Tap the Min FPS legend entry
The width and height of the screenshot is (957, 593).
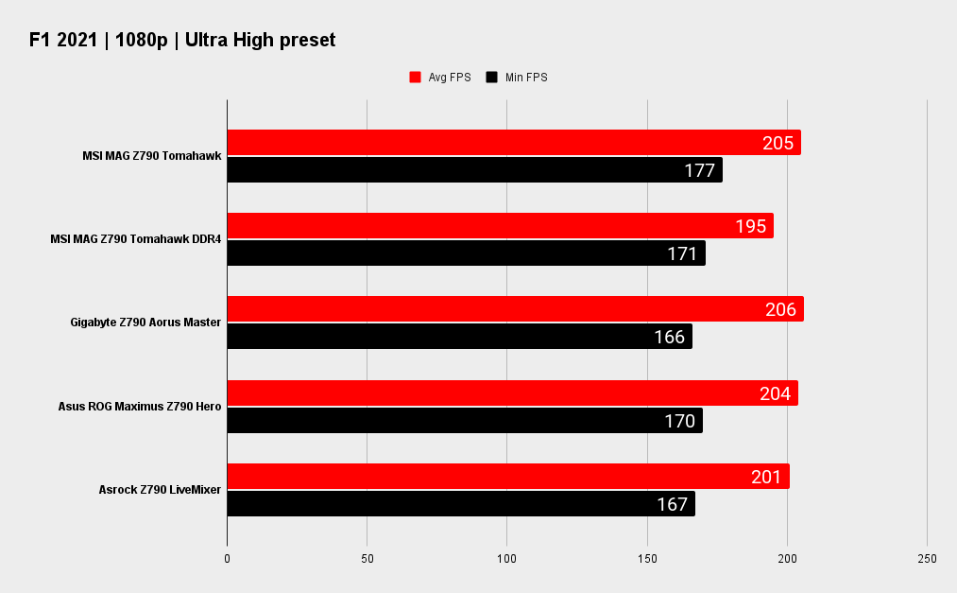(517, 78)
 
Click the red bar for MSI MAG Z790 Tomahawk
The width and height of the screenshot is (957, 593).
(513, 143)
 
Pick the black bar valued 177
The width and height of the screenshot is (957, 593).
(474, 170)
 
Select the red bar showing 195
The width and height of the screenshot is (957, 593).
(500, 226)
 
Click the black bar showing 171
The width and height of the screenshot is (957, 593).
(466, 253)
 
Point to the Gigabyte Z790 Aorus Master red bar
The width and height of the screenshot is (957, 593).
(515, 309)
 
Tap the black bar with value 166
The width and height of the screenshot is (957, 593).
(459, 337)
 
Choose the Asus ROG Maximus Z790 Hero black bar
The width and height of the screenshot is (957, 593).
(464, 421)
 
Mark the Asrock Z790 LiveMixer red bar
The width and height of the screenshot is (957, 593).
(507, 477)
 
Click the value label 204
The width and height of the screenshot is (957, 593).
(775, 393)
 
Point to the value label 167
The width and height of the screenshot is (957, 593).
(672, 504)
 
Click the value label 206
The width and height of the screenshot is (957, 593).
(780, 309)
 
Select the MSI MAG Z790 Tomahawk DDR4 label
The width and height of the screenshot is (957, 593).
(135, 239)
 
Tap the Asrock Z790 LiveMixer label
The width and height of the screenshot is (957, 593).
(160, 490)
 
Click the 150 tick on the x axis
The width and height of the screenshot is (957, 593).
(647, 559)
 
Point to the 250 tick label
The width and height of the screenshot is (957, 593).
(927, 559)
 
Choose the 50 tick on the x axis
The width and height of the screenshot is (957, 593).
(367, 559)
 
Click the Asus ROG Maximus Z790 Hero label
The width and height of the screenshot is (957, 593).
(139, 407)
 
